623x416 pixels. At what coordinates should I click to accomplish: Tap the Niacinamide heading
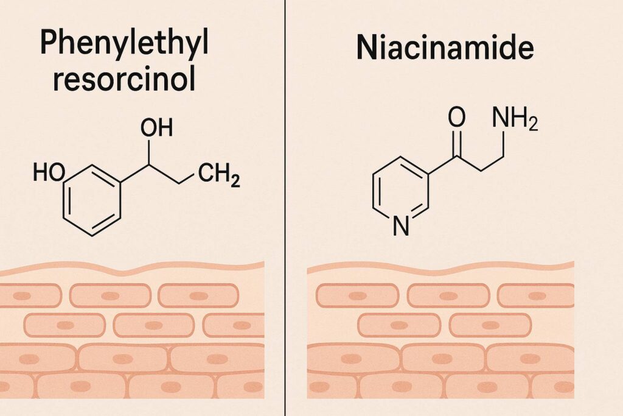444,49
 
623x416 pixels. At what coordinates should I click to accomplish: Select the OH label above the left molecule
156,128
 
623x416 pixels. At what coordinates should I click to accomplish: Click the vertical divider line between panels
285,207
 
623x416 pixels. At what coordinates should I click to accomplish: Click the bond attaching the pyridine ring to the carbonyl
443,167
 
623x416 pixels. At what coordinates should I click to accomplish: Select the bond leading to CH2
189,177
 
